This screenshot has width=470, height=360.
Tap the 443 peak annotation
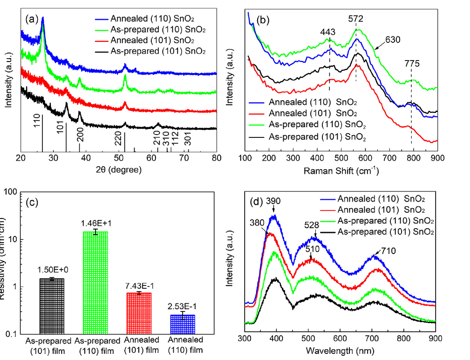[x=329, y=32]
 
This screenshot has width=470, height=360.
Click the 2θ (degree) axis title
[x=118, y=170]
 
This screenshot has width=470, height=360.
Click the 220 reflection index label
[x=118, y=138]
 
